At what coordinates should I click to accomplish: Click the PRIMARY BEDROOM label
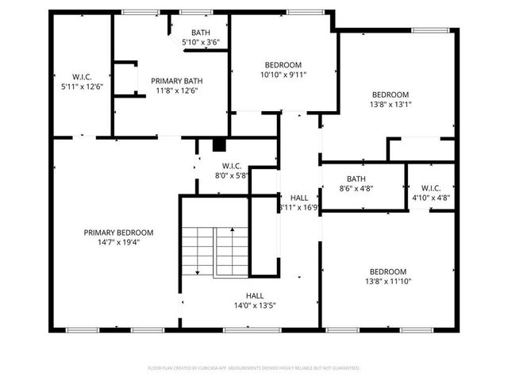(x=118, y=233)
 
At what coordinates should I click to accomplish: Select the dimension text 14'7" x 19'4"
(x=118, y=243)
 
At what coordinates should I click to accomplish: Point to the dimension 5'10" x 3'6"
(x=200, y=41)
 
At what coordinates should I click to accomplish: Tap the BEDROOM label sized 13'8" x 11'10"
(x=387, y=271)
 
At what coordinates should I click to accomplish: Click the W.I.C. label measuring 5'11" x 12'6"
(x=82, y=76)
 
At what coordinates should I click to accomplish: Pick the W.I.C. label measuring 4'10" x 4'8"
(x=431, y=187)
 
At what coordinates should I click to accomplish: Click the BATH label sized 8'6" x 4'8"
(x=356, y=179)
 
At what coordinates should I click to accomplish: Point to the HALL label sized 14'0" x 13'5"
(x=254, y=294)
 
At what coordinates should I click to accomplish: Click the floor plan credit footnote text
(x=254, y=368)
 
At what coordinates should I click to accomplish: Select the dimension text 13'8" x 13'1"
(x=390, y=104)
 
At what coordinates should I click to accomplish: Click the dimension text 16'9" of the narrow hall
(x=309, y=208)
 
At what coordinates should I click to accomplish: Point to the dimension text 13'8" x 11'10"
(x=387, y=281)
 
